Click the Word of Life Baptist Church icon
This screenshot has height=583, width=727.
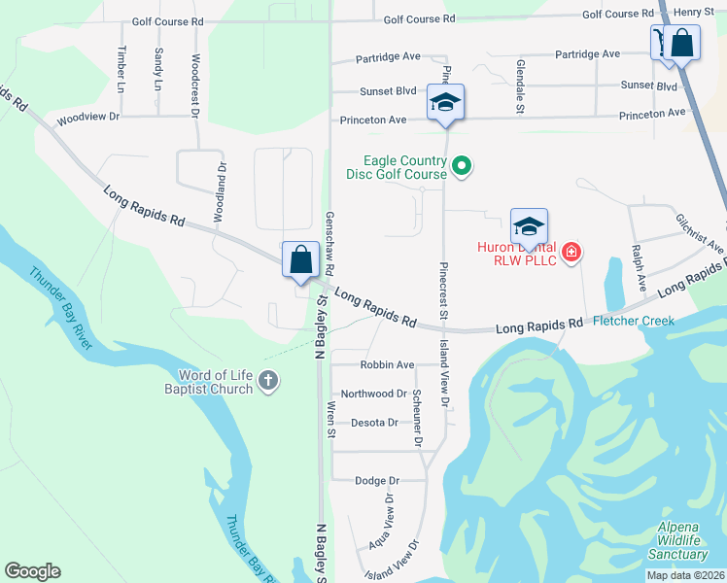(269, 382)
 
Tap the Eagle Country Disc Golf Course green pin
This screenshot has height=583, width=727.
(463, 168)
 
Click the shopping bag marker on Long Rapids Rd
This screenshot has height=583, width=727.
(300, 260)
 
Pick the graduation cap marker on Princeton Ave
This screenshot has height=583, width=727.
(445, 103)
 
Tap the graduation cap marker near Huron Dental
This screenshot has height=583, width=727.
(529, 227)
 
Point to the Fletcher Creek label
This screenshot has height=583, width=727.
(634, 321)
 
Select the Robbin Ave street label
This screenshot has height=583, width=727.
(387, 365)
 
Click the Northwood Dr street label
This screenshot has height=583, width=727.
(373, 394)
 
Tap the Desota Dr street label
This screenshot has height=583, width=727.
(374, 423)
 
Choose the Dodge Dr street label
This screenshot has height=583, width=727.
(377, 480)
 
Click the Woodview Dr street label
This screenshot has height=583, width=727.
(87, 117)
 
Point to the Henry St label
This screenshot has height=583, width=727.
(694, 12)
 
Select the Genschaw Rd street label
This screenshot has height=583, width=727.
(330, 242)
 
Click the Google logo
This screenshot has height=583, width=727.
(32, 571)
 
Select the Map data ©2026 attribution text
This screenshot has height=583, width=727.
(685, 575)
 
